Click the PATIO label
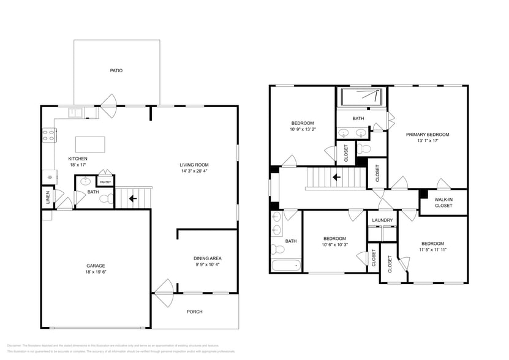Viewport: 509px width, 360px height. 116,70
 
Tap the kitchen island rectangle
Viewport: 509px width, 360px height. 90,144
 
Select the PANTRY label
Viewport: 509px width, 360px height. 105,182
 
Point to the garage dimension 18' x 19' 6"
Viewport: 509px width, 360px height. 96,273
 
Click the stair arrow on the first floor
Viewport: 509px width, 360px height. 132,198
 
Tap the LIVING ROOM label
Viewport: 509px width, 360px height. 194,165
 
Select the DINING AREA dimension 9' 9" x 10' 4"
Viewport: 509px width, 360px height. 207,264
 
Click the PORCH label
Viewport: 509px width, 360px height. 195,312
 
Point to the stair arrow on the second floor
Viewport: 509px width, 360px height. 336,178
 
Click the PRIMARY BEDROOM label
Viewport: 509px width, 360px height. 428,134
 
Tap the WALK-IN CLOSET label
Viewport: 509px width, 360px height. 443,203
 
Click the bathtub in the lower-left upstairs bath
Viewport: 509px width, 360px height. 286,265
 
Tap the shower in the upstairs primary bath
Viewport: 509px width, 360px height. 361,97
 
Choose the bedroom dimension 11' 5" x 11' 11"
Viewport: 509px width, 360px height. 432,249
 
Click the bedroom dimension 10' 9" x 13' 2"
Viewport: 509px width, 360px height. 303,129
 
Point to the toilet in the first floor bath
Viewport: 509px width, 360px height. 106,198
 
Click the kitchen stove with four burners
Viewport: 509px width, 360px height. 48,135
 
